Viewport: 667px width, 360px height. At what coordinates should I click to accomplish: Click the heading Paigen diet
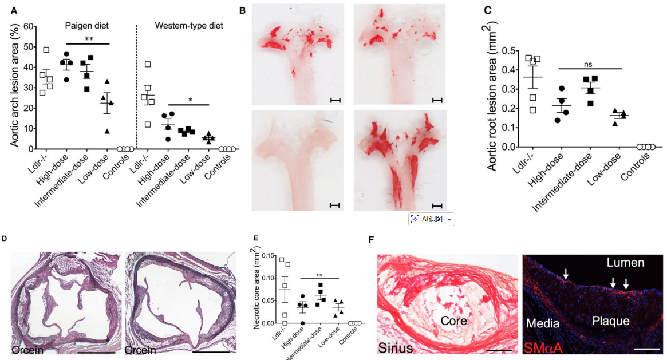pyautogui.click(x=86, y=26)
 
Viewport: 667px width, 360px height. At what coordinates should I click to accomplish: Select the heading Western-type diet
pyautogui.click(x=189, y=26)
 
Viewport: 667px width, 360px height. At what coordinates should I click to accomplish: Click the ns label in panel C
pyautogui.click(x=589, y=64)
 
